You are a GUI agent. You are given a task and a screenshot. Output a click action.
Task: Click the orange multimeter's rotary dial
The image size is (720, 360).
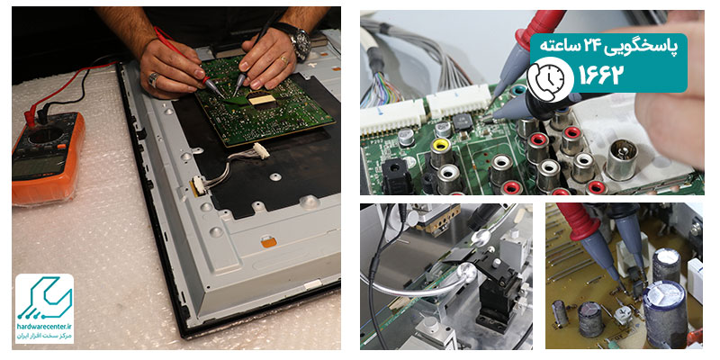(46, 134)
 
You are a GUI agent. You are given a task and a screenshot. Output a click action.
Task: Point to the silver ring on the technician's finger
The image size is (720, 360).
(153, 80)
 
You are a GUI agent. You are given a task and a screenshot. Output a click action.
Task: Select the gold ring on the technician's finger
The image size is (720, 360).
(284, 59)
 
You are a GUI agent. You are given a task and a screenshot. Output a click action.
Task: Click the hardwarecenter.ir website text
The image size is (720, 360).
(44, 327)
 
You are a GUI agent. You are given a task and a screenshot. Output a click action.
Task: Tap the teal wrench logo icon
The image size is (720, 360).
(44, 298)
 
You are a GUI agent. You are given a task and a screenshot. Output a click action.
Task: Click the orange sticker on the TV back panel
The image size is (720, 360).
(268, 241)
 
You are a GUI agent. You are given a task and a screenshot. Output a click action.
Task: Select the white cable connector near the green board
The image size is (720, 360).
(261, 150)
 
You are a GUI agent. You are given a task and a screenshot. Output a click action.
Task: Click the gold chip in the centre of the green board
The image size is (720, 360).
(262, 99)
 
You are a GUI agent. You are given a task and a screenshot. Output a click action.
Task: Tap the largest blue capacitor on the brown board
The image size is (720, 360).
(664, 312)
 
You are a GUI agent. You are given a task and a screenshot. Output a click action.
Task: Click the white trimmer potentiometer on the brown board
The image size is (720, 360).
(623, 315)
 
